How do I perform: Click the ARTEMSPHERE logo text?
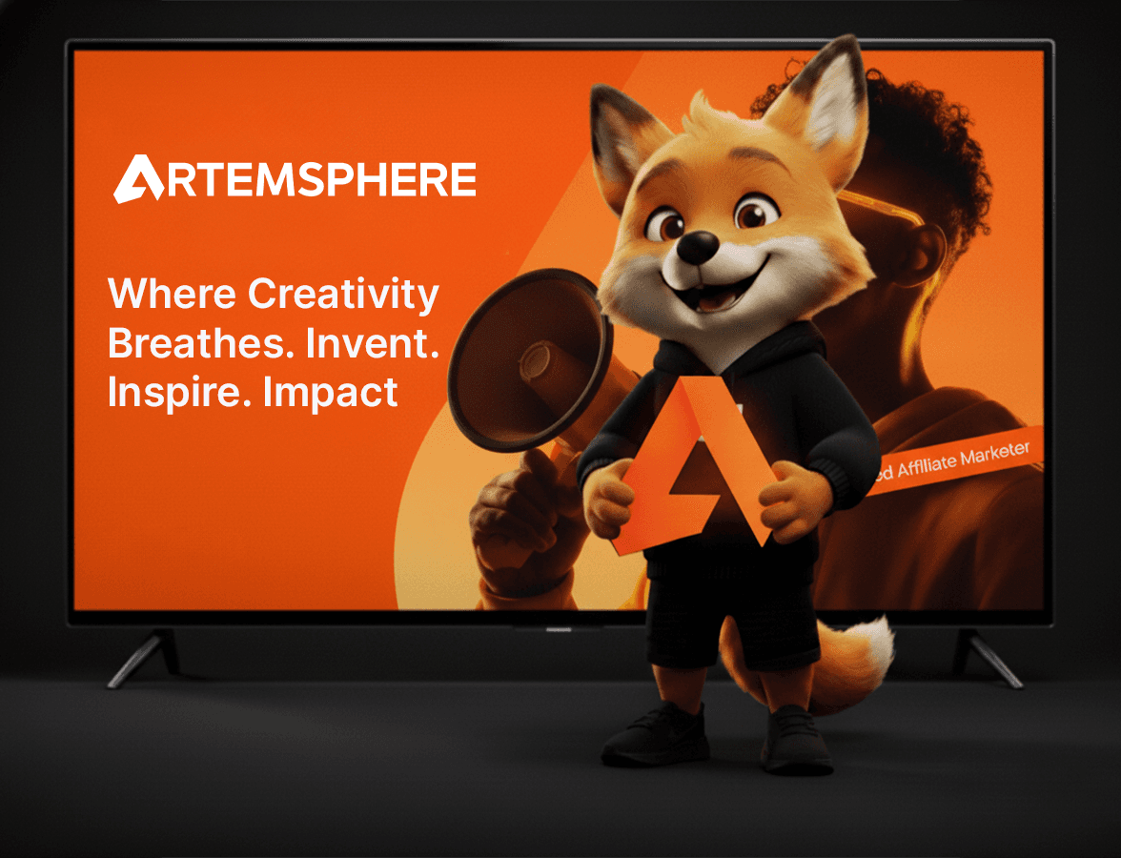click(x=296, y=179)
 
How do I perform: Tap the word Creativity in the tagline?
click(x=343, y=294)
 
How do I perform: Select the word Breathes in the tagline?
click(x=200, y=343)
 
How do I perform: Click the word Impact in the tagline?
click(x=331, y=392)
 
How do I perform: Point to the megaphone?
click(x=520, y=362)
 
